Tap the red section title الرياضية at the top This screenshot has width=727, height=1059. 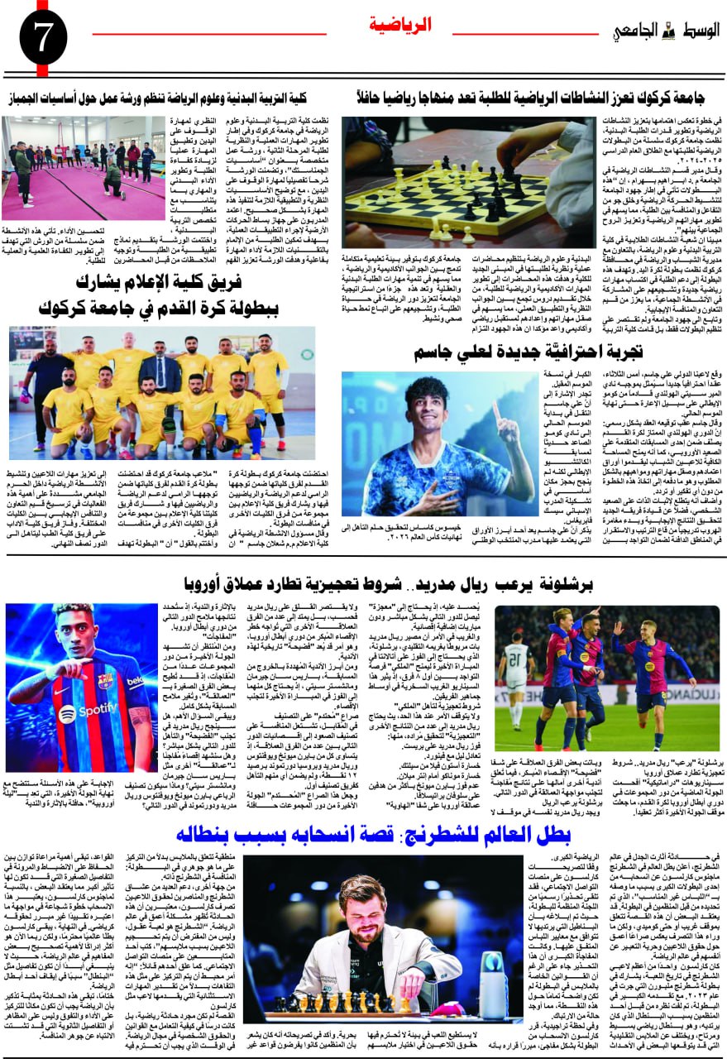(399, 25)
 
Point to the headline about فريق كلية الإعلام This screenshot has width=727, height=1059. (157, 284)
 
